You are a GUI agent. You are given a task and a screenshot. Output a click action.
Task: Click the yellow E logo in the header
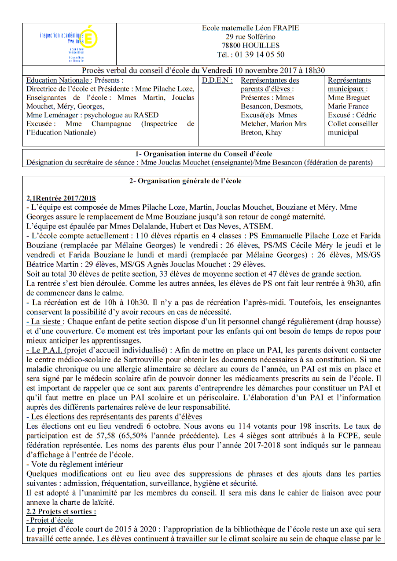point(90,37)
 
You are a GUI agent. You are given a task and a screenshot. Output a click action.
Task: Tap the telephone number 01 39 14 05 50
point(259,55)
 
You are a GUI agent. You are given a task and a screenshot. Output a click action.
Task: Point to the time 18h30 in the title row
point(314,70)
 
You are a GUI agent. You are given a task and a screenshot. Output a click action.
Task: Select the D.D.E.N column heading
point(217,80)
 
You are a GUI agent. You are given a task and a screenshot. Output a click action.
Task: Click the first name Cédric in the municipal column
point(366,115)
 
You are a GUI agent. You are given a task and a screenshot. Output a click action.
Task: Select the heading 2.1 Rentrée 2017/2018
point(61,198)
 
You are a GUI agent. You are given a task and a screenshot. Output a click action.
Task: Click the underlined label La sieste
point(44,322)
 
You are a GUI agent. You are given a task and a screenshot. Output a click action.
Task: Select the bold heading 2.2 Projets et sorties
point(61,511)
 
